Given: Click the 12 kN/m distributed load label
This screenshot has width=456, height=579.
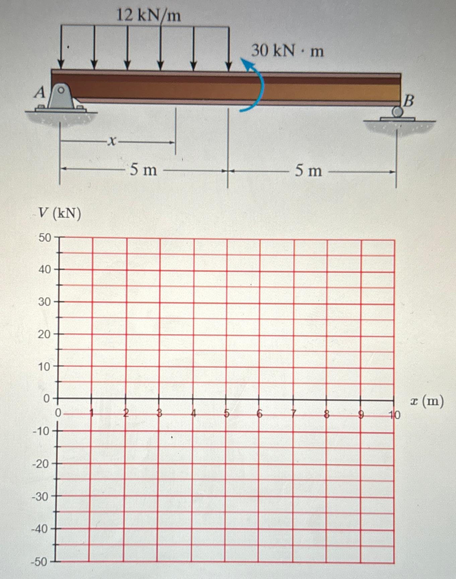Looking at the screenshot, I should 148,15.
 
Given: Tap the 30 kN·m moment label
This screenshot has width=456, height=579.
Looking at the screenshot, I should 287,51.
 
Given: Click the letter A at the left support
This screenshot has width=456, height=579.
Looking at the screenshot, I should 40,92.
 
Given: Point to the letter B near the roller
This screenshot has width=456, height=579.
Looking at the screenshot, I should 408,101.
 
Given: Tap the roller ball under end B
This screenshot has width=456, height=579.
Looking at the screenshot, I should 398,111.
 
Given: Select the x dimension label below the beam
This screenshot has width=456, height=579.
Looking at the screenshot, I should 112,142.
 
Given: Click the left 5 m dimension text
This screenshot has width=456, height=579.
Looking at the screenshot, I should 143,170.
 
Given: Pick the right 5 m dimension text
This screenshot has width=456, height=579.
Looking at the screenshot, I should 308,171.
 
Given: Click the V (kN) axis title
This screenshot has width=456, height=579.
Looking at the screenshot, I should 60,213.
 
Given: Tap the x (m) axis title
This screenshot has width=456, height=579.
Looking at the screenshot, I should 427,401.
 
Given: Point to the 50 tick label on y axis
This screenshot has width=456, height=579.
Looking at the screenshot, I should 45,238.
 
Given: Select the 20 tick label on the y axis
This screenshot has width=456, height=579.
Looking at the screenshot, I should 44,334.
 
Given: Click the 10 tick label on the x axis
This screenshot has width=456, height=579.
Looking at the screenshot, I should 395,415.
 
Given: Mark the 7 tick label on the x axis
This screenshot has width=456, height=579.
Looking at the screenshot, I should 294,414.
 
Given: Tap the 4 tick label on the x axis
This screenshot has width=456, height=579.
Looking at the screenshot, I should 193,414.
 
